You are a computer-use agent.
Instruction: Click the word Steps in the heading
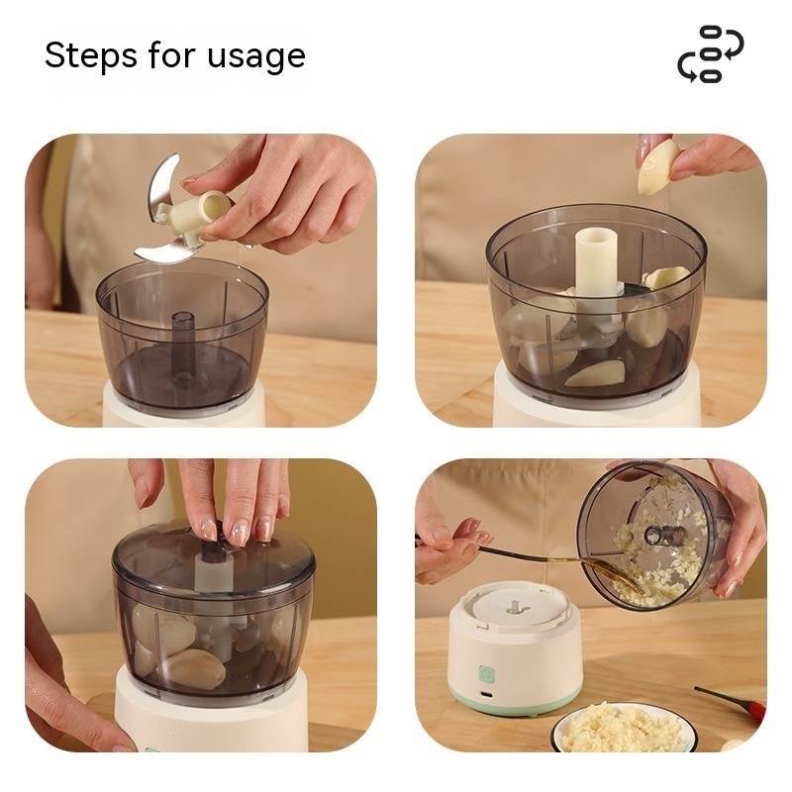click(90, 56)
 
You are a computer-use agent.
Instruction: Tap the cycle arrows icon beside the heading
click(710, 54)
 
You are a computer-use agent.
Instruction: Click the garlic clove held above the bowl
click(658, 166)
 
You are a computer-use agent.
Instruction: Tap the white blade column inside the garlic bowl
click(596, 272)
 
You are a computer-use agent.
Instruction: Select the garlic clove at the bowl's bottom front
click(594, 373)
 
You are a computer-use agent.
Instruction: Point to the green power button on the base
click(487, 674)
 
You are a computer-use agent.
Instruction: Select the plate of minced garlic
click(623, 727)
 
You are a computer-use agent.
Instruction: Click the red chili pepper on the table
click(733, 702)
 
